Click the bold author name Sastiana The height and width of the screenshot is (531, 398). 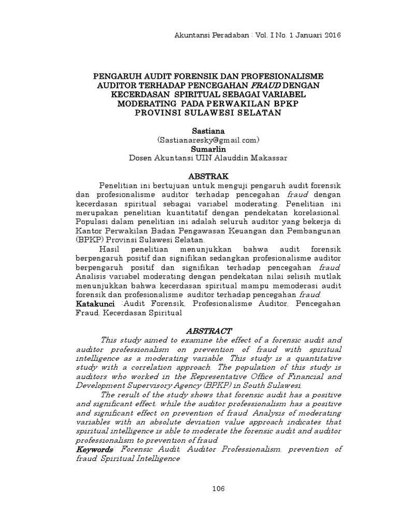click(199, 132)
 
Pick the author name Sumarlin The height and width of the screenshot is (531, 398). click(199, 149)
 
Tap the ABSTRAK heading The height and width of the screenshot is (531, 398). click(199, 176)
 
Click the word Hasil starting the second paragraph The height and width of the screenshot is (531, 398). click(109, 249)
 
